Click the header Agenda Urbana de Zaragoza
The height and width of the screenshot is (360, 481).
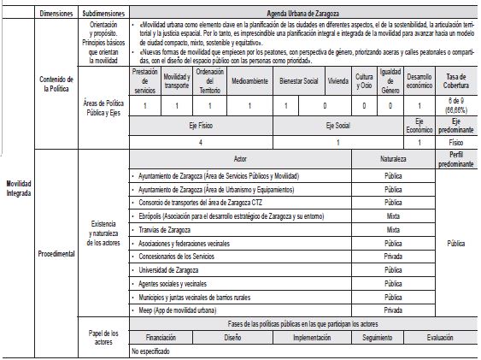click(x=304, y=15)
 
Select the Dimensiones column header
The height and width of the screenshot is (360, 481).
click(x=57, y=15)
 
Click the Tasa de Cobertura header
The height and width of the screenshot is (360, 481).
click(x=456, y=81)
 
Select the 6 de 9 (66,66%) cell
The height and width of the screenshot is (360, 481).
click(x=456, y=106)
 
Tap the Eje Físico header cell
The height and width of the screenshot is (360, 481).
click(x=200, y=125)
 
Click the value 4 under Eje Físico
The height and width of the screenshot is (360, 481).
click(x=200, y=142)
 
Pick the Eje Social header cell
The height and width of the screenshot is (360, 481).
click(x=339, y=125)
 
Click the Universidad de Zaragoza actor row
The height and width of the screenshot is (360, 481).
click(x=163, y=270)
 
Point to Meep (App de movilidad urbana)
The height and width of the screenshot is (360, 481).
click(x=176, y=310)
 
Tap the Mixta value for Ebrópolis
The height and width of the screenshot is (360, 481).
click(x=393, y=217)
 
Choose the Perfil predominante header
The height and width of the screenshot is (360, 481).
click(x=456, y=160)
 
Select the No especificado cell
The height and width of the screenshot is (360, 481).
click(x=152, y=351)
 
